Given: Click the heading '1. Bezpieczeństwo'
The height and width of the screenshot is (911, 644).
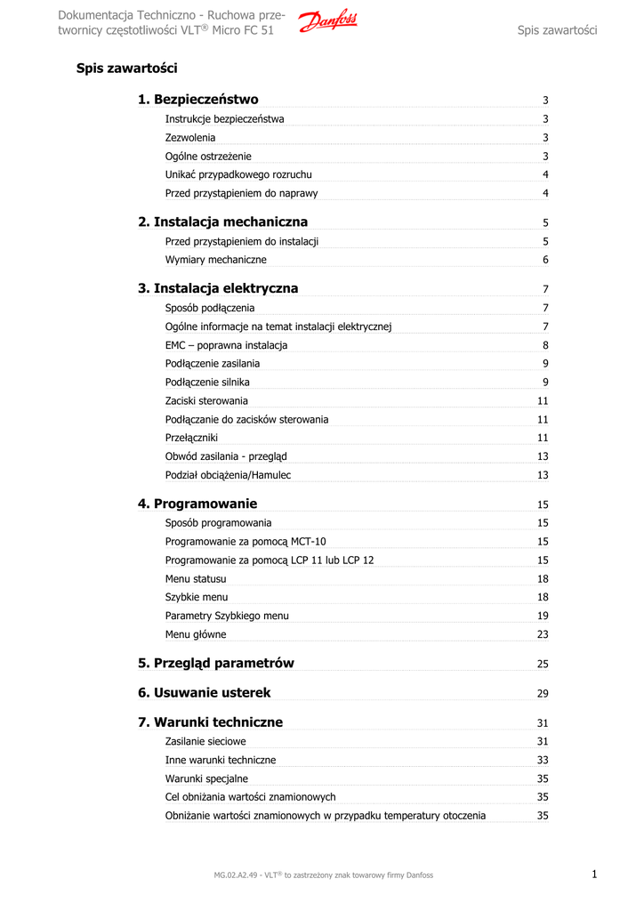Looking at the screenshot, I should [198, 100].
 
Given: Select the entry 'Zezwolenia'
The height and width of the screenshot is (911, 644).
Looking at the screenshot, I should [190, 138].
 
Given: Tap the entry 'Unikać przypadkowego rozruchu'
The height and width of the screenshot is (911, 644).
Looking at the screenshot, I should [238, 174].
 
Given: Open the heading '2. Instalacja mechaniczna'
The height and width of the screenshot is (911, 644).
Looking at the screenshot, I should [223, 222].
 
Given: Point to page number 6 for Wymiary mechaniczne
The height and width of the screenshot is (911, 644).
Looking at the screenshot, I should [545, 260].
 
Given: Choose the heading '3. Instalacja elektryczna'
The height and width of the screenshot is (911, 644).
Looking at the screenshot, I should [218, 288].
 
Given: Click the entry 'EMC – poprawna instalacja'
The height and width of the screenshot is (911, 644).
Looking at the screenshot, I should [226, 345].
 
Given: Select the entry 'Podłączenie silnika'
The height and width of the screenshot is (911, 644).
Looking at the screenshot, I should [207, 383].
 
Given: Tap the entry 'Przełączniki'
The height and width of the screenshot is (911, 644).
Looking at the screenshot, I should [191, 438].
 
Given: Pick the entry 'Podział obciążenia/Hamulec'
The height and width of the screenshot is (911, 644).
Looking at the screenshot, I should [228, 475].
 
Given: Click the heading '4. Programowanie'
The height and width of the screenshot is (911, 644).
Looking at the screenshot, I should [197, 504].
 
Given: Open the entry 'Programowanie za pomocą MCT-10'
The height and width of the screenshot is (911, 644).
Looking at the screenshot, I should [246, 542].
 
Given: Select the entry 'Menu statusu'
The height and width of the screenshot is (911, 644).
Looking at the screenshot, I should [196, 579].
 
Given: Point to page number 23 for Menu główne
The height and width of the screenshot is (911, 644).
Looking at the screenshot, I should [543, 635].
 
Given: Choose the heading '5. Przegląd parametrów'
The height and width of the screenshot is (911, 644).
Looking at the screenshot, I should [216, 664].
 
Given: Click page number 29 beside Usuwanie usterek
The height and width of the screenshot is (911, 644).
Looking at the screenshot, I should [543, 694].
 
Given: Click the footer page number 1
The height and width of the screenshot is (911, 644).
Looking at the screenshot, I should [594, 875].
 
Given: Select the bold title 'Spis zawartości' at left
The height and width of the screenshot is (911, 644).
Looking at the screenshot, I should [126, 69].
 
